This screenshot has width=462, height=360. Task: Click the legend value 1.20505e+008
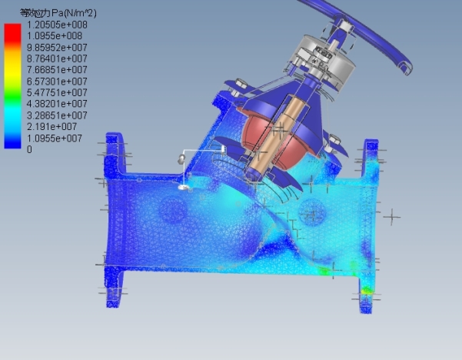point(57,25)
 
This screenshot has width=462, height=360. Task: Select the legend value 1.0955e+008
point(55,36)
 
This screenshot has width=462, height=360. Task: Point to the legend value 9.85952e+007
point(57,48)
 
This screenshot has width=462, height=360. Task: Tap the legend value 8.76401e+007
point(57,58)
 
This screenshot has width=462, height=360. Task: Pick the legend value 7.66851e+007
point(57,70)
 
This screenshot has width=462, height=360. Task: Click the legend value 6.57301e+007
point(57,82)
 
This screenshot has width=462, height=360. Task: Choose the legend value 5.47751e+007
point(57,92)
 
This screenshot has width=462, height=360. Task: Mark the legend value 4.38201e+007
point(57,104)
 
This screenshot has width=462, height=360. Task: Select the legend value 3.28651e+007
point(57,115)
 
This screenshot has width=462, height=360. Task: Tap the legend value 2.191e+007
point(52,127)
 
